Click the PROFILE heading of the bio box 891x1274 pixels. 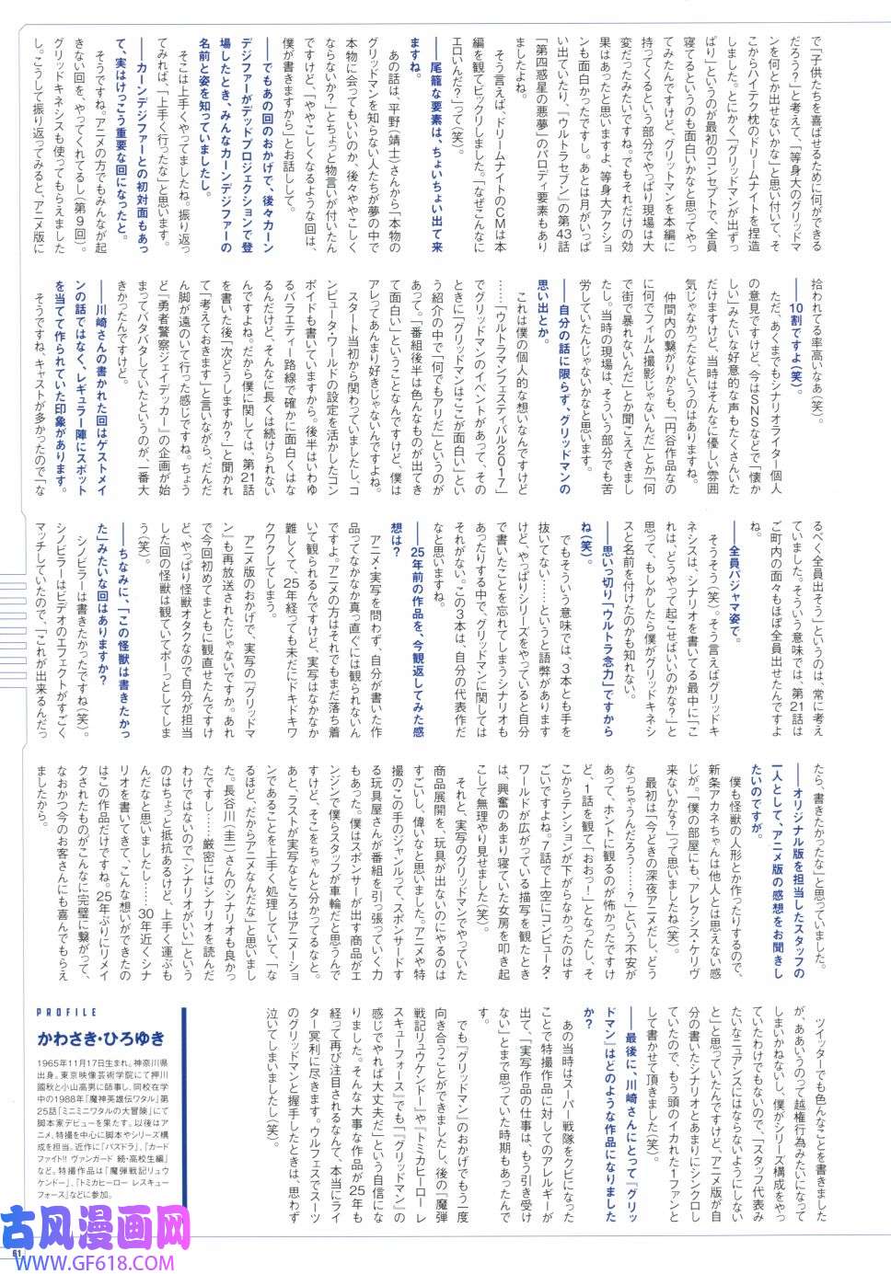[64, 1012]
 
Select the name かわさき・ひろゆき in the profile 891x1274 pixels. [102, 1039]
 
